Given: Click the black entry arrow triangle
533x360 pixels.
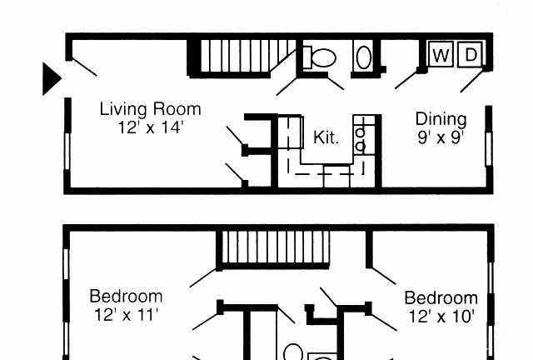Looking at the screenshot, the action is (x=51, y=78).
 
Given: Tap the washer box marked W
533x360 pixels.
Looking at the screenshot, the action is (x=441, y=54).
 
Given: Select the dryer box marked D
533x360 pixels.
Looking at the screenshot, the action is (x=470, y=54).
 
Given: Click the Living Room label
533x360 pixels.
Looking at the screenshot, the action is (x=150, y=109).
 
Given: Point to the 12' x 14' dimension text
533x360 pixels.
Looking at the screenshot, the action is (x=151, y=127).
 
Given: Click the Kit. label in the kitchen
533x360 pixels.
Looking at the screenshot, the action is (x=326, y=137).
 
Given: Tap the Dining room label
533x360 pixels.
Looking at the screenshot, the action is (x=441, y=120).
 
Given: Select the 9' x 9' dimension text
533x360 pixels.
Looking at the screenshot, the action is (x=441, y=137).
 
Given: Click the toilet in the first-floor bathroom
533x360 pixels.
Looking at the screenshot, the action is (x=320, y=57).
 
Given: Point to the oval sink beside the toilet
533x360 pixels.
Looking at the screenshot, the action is (x=364, y=57).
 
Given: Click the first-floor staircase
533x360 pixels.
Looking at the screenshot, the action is (x=243, y=57).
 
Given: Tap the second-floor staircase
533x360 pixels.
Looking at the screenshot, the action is (x=273, y=249).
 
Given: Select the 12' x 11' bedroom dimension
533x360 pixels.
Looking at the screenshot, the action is (x=126, y=315).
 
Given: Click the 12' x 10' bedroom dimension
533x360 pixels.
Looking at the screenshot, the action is (x=441, y=317).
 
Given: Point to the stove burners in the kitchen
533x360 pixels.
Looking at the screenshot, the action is (x=361, y=138).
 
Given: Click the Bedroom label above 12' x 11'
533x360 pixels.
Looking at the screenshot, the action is (x=126, y=296).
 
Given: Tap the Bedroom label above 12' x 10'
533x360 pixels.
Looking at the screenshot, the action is (x=441, y=298).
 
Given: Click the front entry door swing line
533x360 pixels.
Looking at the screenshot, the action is (x=85, y=67).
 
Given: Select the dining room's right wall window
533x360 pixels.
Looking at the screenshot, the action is (x=489, y=148).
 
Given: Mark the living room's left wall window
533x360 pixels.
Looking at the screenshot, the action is (x=67, y=151).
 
